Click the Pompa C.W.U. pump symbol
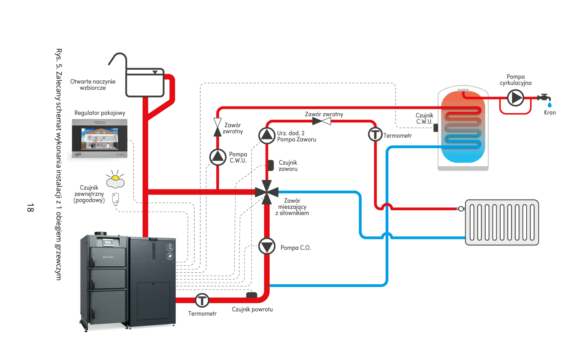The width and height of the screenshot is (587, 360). coord(218,157)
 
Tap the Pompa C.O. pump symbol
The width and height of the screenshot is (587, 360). coord(267,247)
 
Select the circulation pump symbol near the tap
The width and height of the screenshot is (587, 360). coord(515,98)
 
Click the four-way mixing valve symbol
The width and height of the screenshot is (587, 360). coord(267,192)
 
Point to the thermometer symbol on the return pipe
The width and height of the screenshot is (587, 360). coord(202,300)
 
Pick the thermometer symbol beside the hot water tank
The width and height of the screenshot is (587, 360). coord(375,134)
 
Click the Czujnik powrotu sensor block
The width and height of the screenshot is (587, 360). coord(252,295)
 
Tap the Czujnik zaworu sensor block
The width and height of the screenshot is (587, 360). coord(271,165)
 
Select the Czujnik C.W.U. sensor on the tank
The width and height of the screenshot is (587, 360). coord(436,127)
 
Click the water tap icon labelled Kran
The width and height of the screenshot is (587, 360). coord(545,99)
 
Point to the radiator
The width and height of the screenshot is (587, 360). coord(502,222)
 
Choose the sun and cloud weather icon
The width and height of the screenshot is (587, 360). coord(115,180)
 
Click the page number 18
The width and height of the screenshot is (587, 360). coord(30,208)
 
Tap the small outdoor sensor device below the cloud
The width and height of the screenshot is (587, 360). coord(115,198)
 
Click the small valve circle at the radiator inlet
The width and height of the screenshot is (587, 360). coord(461,209)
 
